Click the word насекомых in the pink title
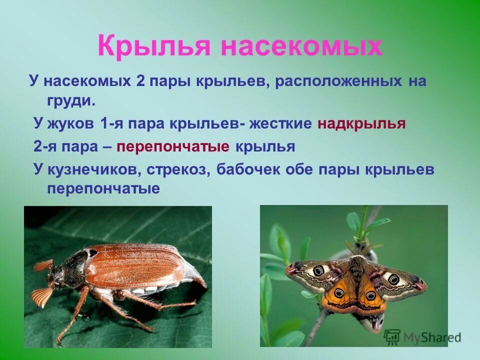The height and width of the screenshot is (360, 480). coord(301,46)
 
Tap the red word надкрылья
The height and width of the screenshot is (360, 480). coord(361,124)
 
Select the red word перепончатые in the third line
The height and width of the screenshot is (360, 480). coord(173,147)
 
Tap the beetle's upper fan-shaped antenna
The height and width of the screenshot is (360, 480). coord(44,264)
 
